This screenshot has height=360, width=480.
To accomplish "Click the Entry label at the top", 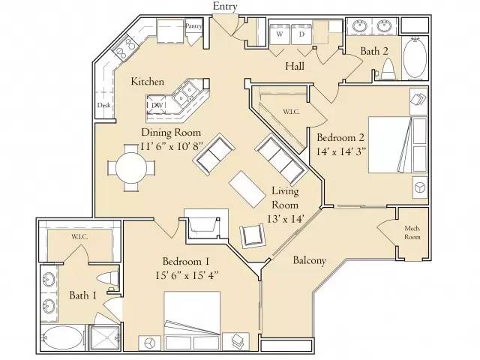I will [225, 7].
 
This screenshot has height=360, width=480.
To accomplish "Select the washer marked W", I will [280, 34].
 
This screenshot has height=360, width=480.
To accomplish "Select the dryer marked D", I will [302, 34].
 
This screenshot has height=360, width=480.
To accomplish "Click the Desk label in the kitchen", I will [103, 106].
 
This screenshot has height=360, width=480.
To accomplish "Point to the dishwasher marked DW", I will [157, 106].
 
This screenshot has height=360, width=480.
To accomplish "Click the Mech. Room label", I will [412, 232].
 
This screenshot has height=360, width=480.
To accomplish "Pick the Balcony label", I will [309, 260].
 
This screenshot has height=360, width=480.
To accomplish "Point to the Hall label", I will [294, 67].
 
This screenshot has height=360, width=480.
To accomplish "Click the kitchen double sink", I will [184, 94].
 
